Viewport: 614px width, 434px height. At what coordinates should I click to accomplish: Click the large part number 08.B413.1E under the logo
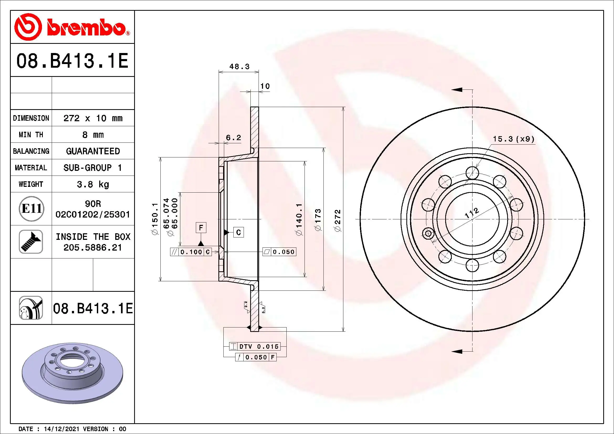pos(72,61)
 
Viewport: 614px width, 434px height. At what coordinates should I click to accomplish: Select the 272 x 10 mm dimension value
pos(93,118)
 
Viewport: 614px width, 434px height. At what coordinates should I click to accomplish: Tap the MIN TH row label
pos(31,135)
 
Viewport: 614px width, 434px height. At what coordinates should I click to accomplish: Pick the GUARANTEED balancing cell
pos(93,151)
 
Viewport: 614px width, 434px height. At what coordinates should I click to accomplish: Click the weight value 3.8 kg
pos(93,184)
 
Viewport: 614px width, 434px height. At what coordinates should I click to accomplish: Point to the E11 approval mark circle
pos(31,209)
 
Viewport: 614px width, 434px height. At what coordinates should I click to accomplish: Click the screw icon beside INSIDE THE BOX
pos(31,242)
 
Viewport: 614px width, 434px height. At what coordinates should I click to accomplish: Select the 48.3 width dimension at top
pos(239,67)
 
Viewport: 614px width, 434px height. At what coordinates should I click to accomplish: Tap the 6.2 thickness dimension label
pos(233,138)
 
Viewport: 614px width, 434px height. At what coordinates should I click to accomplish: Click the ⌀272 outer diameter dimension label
pos(338,221)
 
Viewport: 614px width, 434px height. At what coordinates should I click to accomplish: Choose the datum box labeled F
pos(201,228)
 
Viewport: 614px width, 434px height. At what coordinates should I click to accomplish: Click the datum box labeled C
pos(239,232)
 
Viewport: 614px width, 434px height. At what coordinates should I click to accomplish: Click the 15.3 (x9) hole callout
pos(513,139)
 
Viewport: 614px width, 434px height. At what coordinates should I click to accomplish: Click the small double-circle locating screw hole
pos(428,234)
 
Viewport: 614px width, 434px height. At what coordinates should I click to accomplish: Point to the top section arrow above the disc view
pos(457,89)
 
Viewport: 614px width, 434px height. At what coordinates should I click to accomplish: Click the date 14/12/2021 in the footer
pos(61,429)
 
